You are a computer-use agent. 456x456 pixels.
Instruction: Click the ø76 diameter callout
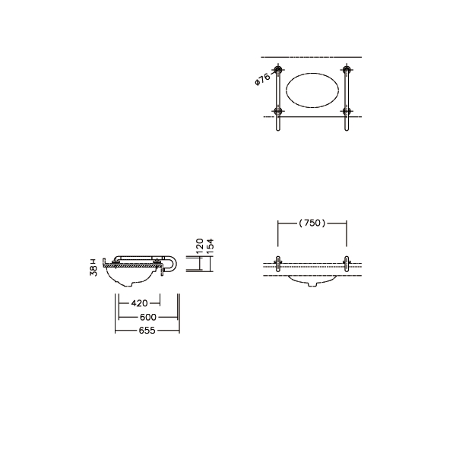[262, 79]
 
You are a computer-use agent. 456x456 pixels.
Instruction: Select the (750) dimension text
[312, 223]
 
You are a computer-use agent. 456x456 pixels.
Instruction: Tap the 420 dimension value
[140, 303]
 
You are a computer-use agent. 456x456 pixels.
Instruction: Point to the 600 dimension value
[148, 317]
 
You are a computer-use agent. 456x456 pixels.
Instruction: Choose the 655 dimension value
[147, 331]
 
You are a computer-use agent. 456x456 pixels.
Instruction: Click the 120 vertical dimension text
[199, 246]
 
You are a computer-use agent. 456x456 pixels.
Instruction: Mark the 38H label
[93, 267]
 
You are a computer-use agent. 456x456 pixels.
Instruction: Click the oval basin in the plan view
[312, 90]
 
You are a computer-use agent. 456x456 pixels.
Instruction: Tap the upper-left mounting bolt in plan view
[278, 69]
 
